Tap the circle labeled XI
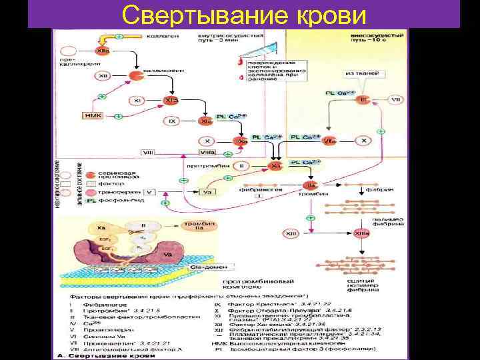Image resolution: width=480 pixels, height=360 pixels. (137, 101)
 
